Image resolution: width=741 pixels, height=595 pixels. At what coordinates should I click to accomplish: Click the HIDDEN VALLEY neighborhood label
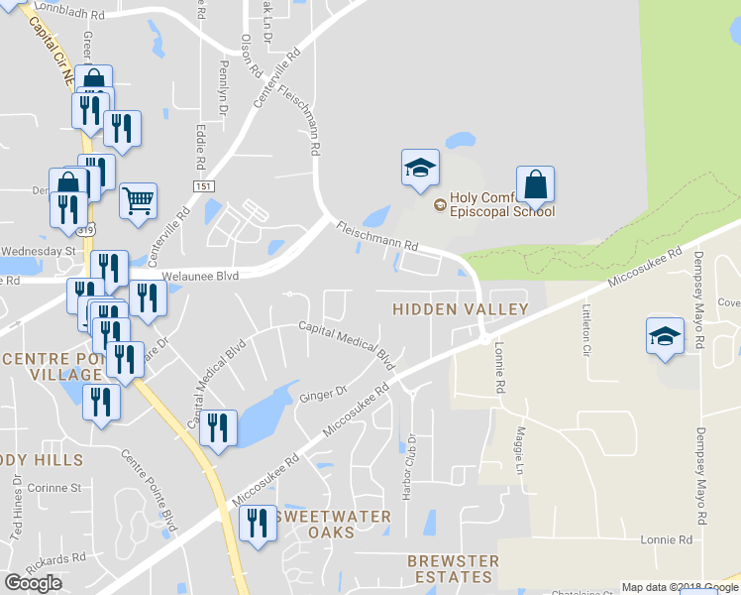pos(460,309)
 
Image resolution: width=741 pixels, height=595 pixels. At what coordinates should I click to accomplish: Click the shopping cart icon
pos(139,200)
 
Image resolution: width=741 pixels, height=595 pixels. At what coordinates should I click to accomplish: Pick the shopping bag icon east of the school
pos(535,184)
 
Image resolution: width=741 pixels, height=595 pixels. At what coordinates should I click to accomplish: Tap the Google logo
pos(33,583)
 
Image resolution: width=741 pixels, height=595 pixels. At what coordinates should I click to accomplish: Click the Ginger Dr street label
pos(321,396)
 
